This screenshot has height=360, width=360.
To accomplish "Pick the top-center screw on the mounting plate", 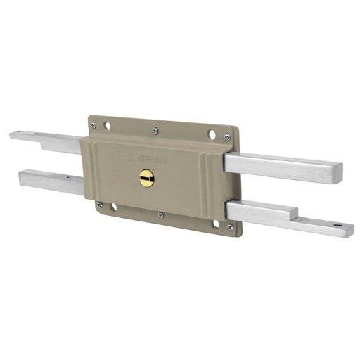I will tap(155, 129).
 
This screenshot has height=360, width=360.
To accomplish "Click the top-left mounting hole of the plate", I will tap(107, 127).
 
